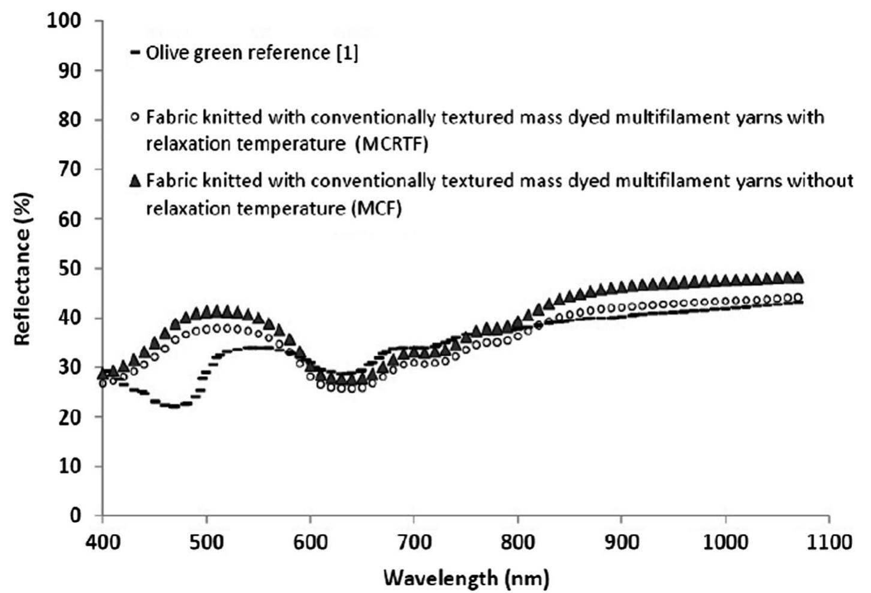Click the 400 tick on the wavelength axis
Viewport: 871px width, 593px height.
click(103, 542)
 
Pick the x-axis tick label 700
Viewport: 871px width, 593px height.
click(414, 542)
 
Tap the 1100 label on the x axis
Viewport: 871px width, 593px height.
click(828, 542)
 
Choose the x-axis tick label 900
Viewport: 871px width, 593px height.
click(622, 542)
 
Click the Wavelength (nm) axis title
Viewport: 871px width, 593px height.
click(466, 579)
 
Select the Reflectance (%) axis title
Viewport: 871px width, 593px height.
click(22, 268)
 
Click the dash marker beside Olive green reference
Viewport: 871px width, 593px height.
click(135, 53)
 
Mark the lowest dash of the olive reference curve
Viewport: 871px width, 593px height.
click(174, 406)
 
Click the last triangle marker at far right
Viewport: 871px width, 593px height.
click(797, 277)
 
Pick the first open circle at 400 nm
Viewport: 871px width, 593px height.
click(103, 383)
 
